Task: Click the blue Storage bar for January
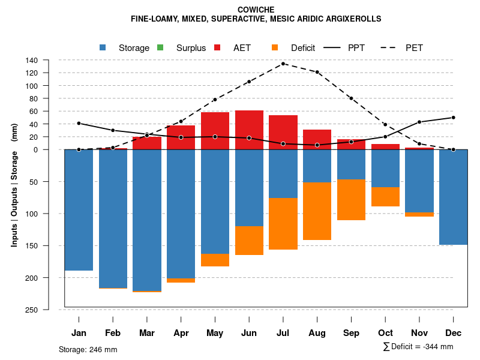[x=79, y=210]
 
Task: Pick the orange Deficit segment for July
[x=283, y=224]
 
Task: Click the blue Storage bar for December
[x=453, y=197]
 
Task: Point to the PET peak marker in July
[x=283, y=64]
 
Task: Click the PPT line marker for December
[x=453, y=118]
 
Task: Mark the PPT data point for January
[x=79, y=123]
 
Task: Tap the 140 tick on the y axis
[x=49, y=60]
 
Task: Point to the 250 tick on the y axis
[x=49, y=310]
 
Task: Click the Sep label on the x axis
[x=351, y=333]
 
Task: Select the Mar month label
[x=147, y=333]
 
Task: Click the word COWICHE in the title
[x=256, y=10]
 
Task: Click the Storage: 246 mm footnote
[x=88, y=349]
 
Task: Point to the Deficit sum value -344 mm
[x=434, y=347]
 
